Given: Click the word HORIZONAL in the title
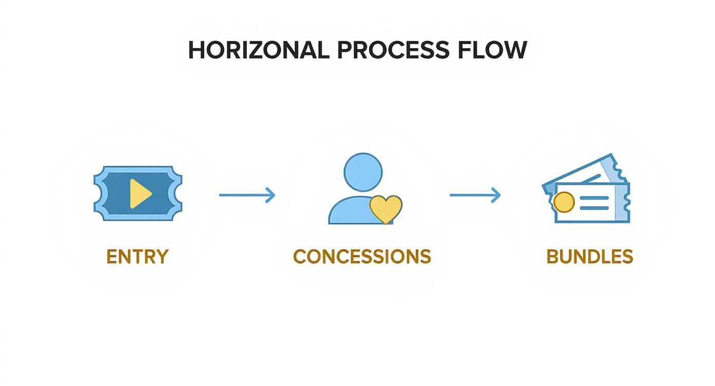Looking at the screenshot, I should click(258, 50).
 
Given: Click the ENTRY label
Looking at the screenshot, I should click(137, 257).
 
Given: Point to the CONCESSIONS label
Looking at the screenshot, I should click(362, 257).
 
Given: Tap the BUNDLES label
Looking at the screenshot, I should click(589, 257).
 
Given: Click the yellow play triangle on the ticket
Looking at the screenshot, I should click(140, 194).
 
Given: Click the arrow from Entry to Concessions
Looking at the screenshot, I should click(247, 195).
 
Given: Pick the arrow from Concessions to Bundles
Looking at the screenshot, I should click(475, 195).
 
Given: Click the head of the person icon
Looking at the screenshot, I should click(363, 172).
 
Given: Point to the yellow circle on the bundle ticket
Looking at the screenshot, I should click(564, 202).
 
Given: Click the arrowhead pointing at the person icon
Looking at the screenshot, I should click(271, 195).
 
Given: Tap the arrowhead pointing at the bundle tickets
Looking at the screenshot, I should click(496, 195).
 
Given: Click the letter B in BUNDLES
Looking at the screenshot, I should click(552, 257).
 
